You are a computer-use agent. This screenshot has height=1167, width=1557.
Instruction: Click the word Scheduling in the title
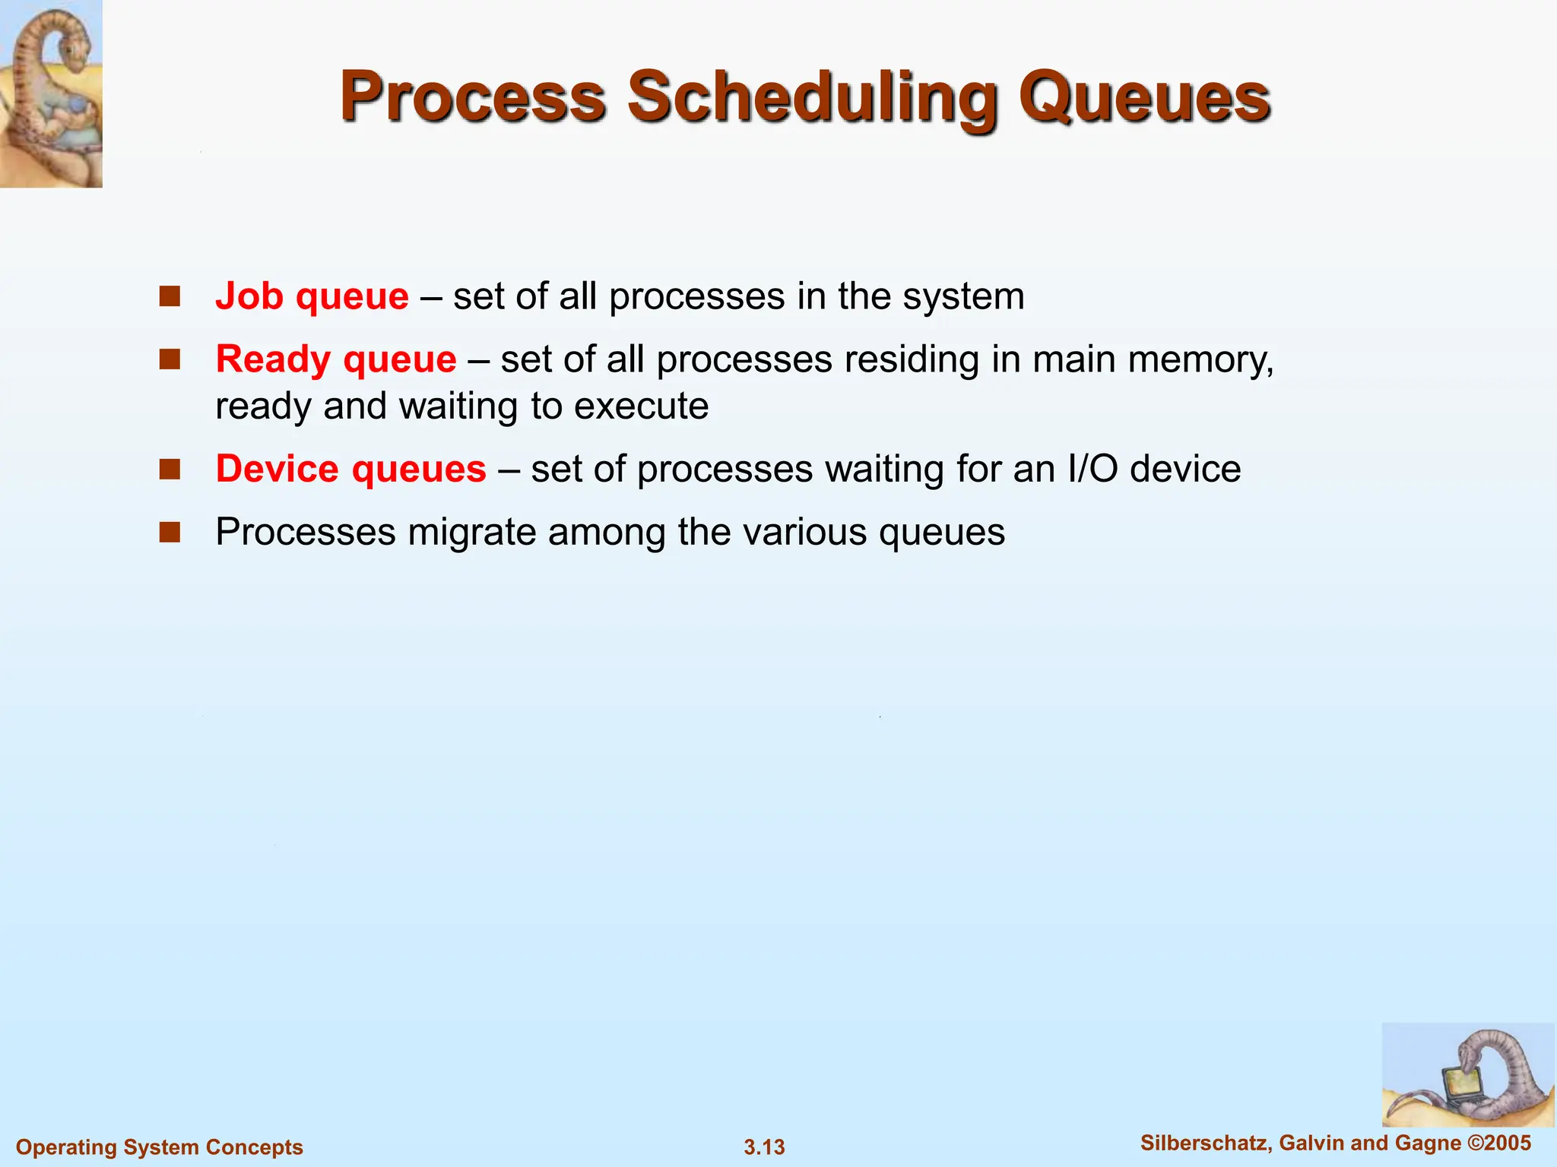pyautogui.click(x=812, y=97)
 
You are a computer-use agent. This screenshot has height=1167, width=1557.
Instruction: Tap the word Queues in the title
pyautogui.click(x=1143, y=97)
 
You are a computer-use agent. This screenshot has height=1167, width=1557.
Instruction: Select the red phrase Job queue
pyautogui.click(x=312, y=296)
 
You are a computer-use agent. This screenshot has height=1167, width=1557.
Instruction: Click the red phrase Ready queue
pyautogui.click(x=335, y=359)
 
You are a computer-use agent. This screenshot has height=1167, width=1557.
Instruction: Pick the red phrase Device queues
pyautogui.click(x=350, y=469)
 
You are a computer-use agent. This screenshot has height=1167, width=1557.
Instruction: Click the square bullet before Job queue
pyautogui.click(x=170, y=296)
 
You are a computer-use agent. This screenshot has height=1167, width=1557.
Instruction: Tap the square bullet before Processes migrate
pyautogui.click(x=170, y=532)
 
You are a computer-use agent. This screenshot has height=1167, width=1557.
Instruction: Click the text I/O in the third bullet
pyautogui.click(x=1092, y=469)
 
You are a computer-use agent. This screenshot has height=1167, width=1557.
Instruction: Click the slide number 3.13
pyautogui.click(x=764, y=1147)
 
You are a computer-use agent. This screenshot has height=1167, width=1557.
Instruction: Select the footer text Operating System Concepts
pyautogui.click(x=160, y=1147)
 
